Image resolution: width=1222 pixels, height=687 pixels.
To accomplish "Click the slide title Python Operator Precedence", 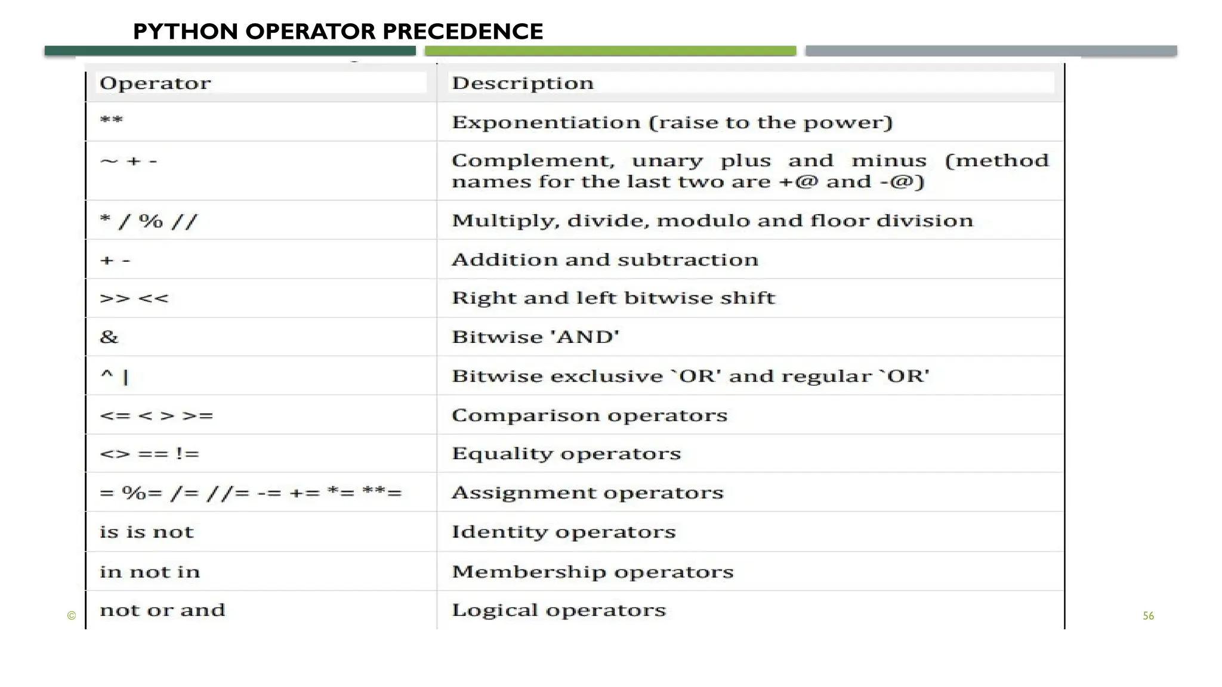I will (338, 32).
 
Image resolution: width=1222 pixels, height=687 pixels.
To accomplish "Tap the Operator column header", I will (155, 83).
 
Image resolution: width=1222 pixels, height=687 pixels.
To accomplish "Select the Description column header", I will (523, 83).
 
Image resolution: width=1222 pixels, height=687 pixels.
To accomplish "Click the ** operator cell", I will (112, 121).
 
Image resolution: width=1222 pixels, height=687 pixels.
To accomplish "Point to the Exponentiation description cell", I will (672, 122).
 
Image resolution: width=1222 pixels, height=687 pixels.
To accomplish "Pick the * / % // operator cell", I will (149, 221).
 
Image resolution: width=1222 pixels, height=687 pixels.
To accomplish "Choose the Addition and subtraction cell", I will (605, 259).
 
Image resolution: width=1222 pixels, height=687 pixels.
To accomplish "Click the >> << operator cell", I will (134, 298).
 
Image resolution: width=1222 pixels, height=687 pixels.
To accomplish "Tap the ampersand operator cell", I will (109, 337).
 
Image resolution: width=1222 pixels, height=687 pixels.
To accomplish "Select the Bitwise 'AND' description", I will (536, 337).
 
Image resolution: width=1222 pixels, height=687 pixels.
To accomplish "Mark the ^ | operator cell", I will (115, 376).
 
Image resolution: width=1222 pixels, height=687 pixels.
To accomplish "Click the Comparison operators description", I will (590, 415).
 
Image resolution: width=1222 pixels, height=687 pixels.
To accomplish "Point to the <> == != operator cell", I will (149, 454).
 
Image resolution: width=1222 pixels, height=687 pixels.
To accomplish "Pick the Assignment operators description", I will (587, 493).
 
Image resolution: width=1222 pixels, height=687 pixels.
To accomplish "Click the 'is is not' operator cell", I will (147, 532).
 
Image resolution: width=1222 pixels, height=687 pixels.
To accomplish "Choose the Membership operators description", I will (593, 571).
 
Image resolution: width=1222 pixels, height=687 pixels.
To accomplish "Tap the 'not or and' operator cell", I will (162, 610).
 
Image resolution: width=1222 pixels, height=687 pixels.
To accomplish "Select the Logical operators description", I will (558, 610).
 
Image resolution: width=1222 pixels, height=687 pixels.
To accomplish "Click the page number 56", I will (1148, 616).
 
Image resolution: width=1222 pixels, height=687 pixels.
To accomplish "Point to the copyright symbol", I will (72, 616).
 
